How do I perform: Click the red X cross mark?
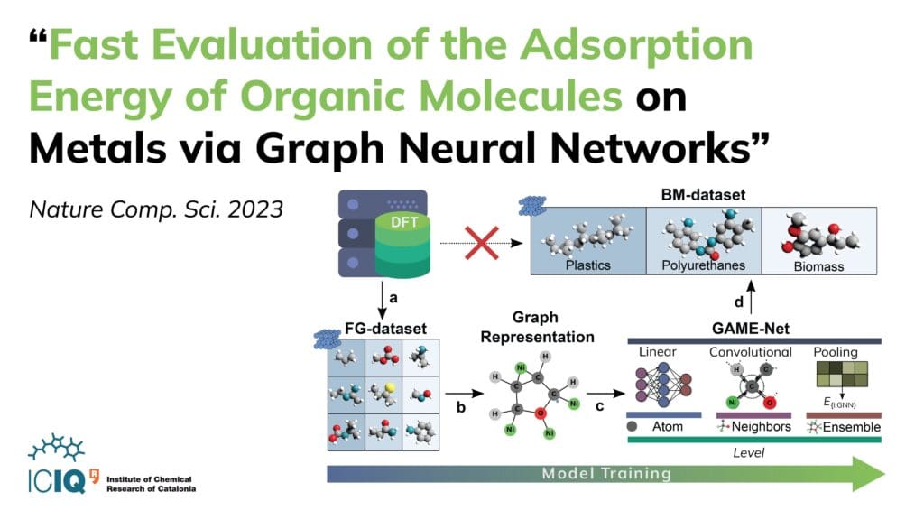pyautogui.click(x=482, y=243)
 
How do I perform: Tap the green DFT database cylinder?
pyautogui.click(x=403, y=246)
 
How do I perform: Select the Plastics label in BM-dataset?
pyautogui.click(x=588, y=265)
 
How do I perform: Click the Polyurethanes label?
pyautogui.click(x=703, y=265)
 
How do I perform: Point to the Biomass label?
pyautogui.click(x=818, y=266)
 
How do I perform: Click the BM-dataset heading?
pyautogui.click(x=703, y=195)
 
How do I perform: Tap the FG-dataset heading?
pyautogui.click(x=385, y=329)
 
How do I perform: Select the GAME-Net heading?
pyautogui.click(x=751, y=329)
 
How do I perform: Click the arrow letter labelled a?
pyautogui.click(x=393, y=298)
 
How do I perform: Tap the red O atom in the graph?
pyautogui.click(x=541, y=413)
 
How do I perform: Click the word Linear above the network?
pyautogui.click(x=658, y=352)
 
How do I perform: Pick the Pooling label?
pyautogui.click(x=836, y=352)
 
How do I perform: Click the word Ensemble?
pyautogui.click(x=852, y=427)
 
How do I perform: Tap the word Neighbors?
pyautogui.click(x=762, y=427)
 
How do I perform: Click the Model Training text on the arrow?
pyautogui.click(x=606, y=473)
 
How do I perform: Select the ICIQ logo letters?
pyautogui.click(x=57, y=481)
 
